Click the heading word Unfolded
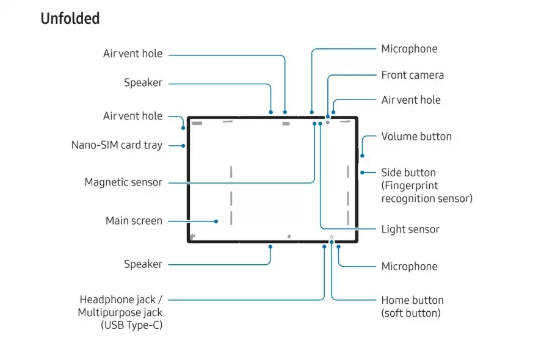70,19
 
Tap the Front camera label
412,75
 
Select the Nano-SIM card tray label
117,145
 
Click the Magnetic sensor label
123,182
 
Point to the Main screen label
134,220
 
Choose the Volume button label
416,136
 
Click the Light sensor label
410,229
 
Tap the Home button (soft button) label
412,306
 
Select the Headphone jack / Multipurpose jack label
120,312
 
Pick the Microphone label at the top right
409,49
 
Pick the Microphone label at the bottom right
409,266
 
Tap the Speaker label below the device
143,264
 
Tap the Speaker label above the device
143,82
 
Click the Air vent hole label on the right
410,99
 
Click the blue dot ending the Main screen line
216,221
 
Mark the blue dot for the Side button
362,173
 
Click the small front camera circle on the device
327,122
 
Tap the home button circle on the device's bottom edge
332,237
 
